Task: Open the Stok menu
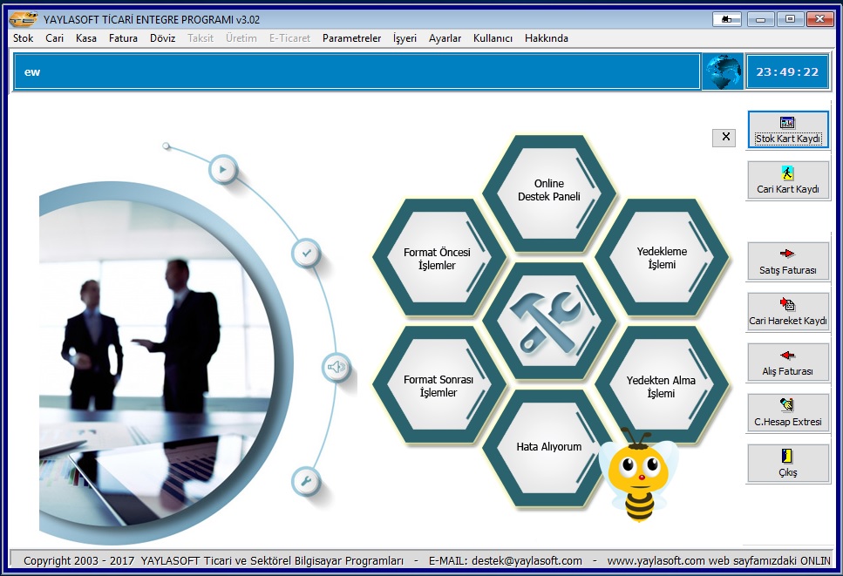click(x=24, y=38)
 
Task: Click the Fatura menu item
click(x=123, y=38)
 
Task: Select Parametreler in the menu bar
click(x=351, y=38)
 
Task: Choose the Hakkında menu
click(x=547, y=38)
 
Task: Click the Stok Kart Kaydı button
click(x=787, y=130)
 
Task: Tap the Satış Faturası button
click(x=787, y=261)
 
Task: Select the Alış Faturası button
click(x=787, y=363)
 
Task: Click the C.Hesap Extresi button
click(x=787, y=413)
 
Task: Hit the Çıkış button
click(x=787, y=464)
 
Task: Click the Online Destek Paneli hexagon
click(x=549, y=190)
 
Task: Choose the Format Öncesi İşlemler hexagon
click(x=437, y=259)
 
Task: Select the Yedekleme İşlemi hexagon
click(x=662, y=258)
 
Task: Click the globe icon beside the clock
click(x=723, y=71)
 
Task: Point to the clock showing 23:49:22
click(x=787, y=72)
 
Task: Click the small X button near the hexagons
click(x=726, y=138)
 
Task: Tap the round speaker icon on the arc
click(x=337, y=368)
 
